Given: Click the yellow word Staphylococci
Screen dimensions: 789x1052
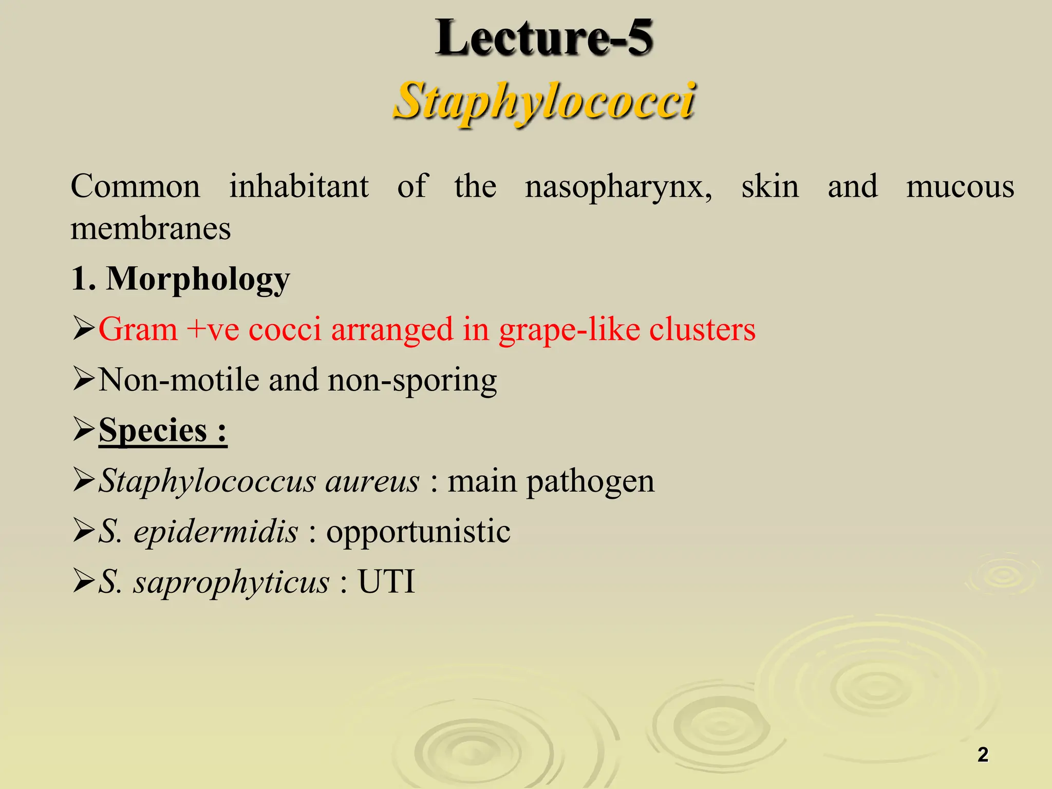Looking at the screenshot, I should coord(544,101).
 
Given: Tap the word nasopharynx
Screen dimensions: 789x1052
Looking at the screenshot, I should coord(618,186).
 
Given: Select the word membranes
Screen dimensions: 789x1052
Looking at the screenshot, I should coord(151,229).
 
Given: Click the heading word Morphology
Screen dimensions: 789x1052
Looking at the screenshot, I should coord(198,279).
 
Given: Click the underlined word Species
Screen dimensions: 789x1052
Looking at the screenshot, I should coord(153,430).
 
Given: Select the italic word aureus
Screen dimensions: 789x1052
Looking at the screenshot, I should coord(372,481).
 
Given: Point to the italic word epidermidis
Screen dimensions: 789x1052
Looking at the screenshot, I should coord(216,531).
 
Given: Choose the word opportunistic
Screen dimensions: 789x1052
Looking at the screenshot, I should coord(418,532).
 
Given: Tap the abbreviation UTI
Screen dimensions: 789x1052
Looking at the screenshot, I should coord(386,582).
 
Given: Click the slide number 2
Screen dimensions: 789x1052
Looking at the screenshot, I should coord(983,755).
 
